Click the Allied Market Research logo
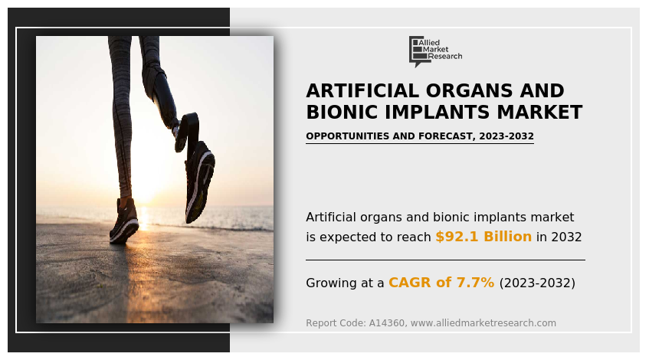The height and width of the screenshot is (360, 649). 435,51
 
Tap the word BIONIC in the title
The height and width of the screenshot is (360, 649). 340,113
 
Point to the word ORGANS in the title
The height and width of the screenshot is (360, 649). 464,91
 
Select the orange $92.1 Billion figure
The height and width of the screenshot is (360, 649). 483,237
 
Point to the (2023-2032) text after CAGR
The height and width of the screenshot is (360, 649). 536,283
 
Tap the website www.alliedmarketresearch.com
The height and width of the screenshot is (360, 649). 483,323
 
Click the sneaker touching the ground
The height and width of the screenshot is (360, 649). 123,224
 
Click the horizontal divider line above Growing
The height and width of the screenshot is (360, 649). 445,260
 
